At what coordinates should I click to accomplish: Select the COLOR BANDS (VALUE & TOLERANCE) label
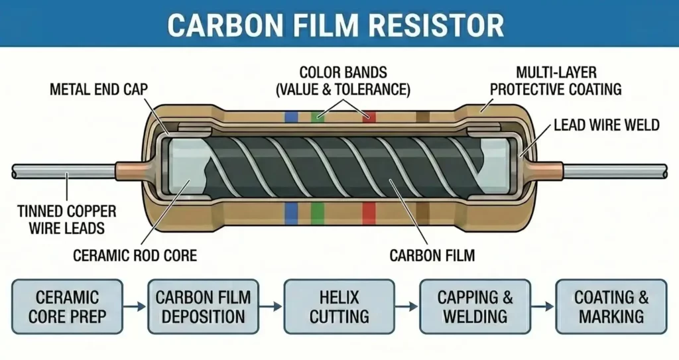click(x=343, y=80)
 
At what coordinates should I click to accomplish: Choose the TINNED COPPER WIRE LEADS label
click(x=68, y=219)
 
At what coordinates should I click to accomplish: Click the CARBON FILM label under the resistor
click(x=432, y=255)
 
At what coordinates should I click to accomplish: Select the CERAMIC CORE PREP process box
click(x=66, y=306)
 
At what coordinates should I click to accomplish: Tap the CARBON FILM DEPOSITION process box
click(x=203, y=306)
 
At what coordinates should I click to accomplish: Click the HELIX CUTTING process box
click(x=339, y=306)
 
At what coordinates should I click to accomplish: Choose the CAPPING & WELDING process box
click(x=475, y=306)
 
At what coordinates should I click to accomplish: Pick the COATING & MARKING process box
click(x=611, y=306)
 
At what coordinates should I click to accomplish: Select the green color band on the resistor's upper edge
click(x=318, y=117)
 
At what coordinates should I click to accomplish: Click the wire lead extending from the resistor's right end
click(x=617, y=171)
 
